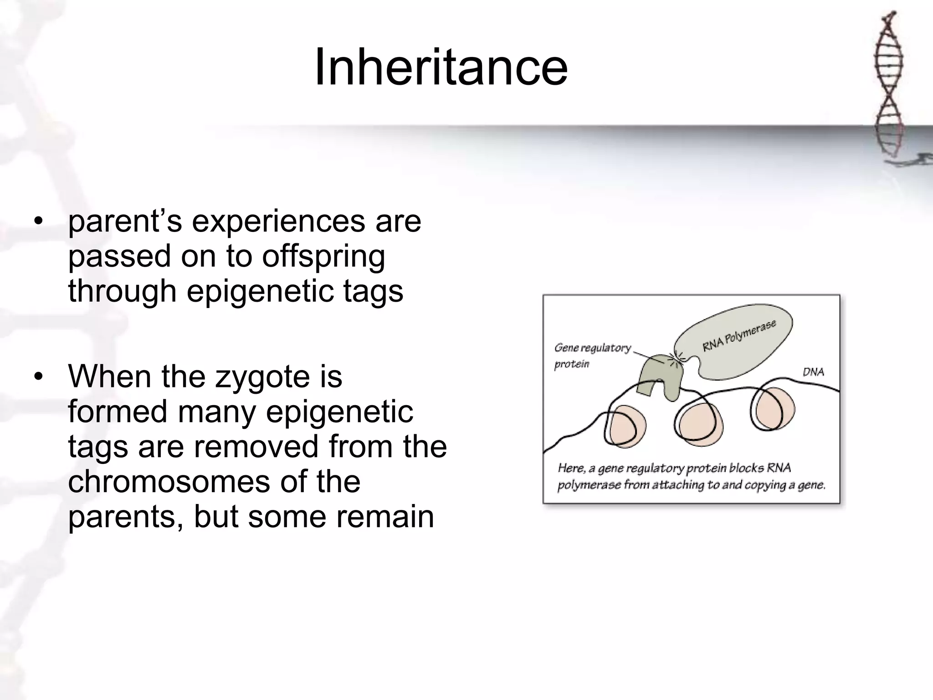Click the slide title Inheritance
(x=441, y=67)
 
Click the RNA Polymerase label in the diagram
(x=739, y=336)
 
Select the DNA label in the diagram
(x=813, y=372)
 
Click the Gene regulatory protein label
(x=591, y=355)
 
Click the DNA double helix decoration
(x=889, y=87)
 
